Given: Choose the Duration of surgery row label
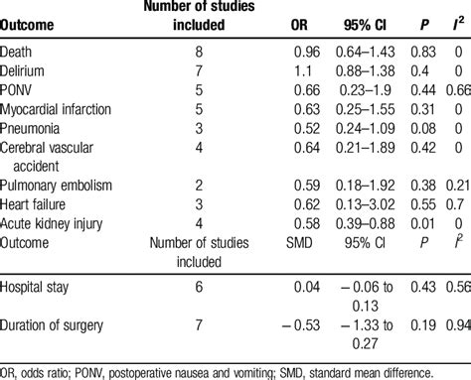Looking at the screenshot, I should [x=62, y=333].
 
